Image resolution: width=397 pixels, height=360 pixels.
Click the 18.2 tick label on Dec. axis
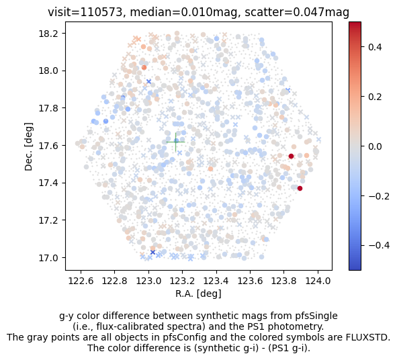click(50, 34)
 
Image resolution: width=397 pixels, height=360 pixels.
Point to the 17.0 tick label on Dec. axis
click(50, 258)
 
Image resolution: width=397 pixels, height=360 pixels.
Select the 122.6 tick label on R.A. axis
click(81, 281)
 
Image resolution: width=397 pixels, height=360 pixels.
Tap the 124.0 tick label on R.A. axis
click(318, 281)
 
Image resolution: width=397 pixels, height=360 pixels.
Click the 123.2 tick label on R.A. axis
click(182, 281)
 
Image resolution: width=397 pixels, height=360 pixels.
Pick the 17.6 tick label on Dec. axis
click(50, 146)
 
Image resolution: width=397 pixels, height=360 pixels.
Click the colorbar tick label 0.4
click(375, 47)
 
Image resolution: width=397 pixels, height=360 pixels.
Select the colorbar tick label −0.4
click(379, 245)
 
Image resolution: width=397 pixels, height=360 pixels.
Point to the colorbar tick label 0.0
click(375, 146)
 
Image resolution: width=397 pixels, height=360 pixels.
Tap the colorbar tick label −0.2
click(379, 196)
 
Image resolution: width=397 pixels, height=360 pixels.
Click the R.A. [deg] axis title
click(199, 294)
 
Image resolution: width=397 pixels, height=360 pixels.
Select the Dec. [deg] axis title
click(29, 146)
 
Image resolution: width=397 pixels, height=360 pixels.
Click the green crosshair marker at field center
click(175, 142)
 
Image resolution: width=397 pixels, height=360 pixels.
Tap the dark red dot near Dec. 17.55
click(291, 156)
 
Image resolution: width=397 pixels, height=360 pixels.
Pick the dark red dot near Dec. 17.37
click(300, 188)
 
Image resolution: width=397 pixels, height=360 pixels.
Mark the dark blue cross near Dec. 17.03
click(152, 253)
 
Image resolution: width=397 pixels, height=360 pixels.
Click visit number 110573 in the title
click(101, 12)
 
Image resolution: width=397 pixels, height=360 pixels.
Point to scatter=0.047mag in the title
click(297, 12)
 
